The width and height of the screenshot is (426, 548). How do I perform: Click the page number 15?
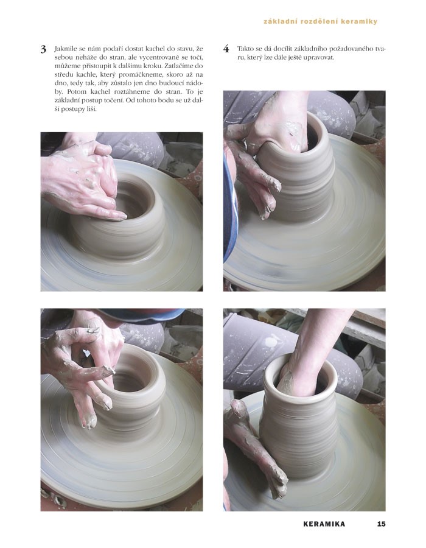click(x=381, y=524)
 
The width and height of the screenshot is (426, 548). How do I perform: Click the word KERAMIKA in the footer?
click(x=324, y=524)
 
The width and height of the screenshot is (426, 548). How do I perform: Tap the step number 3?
click(x=43, y=49)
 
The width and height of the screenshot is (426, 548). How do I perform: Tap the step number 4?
click(x=226, y=49)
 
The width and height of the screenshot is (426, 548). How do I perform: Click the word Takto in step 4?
click(x=245, y=49)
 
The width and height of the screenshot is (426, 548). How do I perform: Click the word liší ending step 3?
click(x=91, y=109)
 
